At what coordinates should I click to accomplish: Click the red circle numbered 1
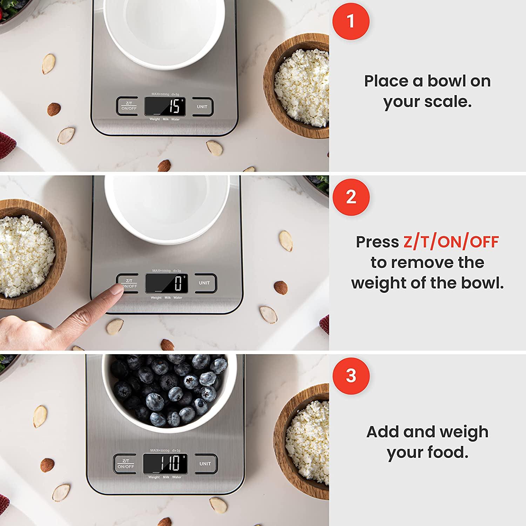[x=351, y=21]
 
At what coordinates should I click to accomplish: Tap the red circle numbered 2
[x=351, y=197]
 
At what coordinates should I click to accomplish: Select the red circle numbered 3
[x=351, y=376]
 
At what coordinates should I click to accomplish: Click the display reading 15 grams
[x=165, y=106]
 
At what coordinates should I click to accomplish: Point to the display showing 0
[x=166, y=283]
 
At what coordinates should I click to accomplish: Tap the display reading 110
[x=165, y=463]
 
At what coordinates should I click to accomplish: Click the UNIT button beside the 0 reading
[x=204, y=283]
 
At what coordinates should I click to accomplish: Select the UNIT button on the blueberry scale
[x=205, y=464]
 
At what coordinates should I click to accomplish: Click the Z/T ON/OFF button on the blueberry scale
[x=126, y=464]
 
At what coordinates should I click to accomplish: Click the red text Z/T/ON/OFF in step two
[x=451, y=242]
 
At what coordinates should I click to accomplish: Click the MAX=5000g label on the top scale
[x=160, y=94]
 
